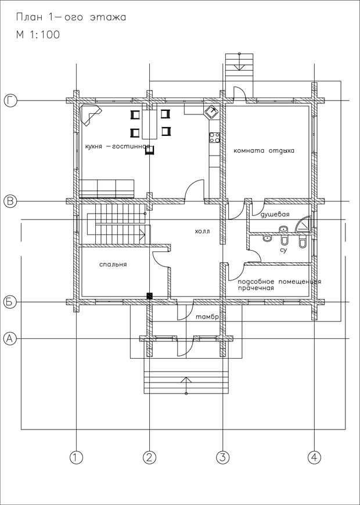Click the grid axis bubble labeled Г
[10, 100]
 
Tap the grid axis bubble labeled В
[10, 201]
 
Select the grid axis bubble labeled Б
[10, 302]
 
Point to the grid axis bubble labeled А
[10, 338]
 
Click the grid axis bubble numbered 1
[76, 457]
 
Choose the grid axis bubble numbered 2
[149, 457]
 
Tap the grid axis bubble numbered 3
[223, 457]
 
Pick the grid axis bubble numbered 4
[314, 457]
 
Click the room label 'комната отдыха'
[264, 151]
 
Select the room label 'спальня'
[113, 265]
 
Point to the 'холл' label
[203, 231]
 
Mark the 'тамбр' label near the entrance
[207, 318]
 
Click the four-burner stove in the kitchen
[215, 138]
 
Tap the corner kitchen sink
[212, 112]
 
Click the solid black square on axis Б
[149, 296]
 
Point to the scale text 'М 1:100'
[38, 34]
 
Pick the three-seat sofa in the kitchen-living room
[107, 189]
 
